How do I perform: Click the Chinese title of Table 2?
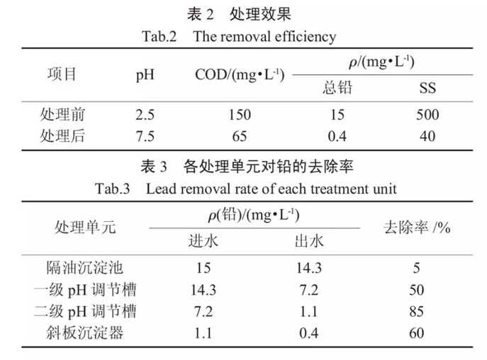[x=241, y=13]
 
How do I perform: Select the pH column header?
[x=145, y=74]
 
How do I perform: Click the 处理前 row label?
[x=66, y=115]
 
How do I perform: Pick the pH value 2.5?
[x=145, y=115]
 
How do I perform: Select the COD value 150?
[x=240, y=115]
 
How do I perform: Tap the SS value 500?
[x=427, y=115]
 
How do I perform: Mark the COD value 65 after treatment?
[x=240, y=136]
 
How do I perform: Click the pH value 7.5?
[x=145, y=136]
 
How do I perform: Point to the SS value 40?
[x=427, y=136]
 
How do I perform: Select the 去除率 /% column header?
[x=418, y=227]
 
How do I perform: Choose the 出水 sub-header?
[x=308, y=242]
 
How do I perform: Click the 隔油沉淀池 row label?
[x=85, y=269]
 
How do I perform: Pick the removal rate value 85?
[x=417, y=311]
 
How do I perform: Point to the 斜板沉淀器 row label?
[x=85, y=332]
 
